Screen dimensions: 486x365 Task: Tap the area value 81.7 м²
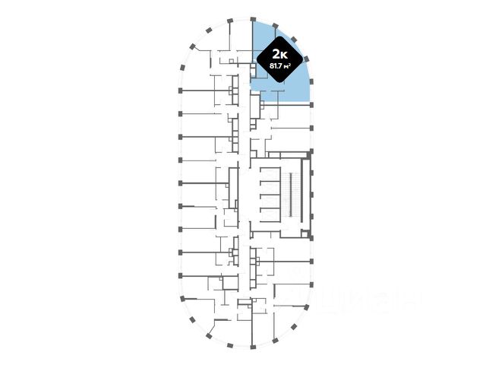279,65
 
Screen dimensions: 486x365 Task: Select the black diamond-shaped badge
279,59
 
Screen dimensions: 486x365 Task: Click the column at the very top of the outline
252,17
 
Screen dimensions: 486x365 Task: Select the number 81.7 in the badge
275,65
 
